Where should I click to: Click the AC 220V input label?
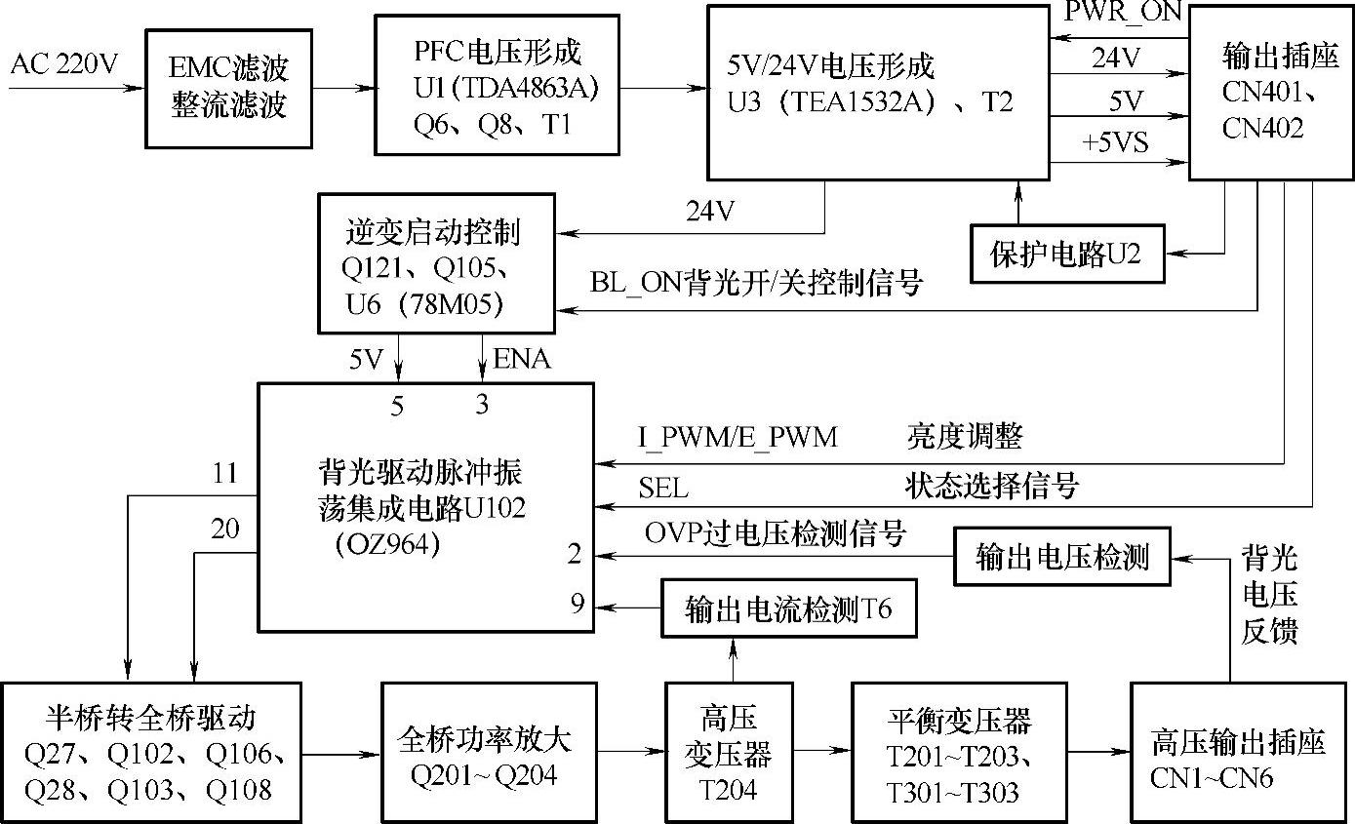(x=63, y=65)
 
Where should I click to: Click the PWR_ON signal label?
(x=1122, y=12)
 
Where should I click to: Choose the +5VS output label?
(x=1115, y=142)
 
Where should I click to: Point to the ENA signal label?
(x=522, y=360)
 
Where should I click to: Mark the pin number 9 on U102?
(x=577, y=605)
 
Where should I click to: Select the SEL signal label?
(x=663, y=486)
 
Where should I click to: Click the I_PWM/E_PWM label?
(x=737, y=437)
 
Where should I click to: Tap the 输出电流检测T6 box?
(x=788, y=609)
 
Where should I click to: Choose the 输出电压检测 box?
(x=1061, y=557)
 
